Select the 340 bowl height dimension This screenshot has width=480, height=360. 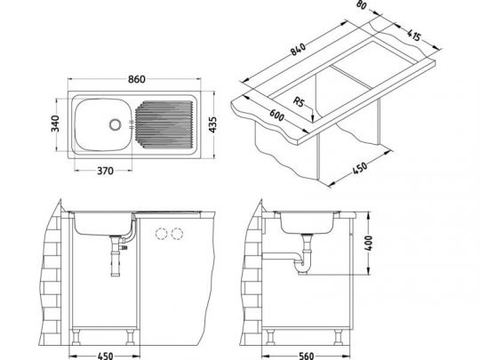[56, 126]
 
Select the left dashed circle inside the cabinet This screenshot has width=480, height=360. [162, 234]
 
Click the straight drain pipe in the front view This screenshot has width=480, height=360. [114, 260]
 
